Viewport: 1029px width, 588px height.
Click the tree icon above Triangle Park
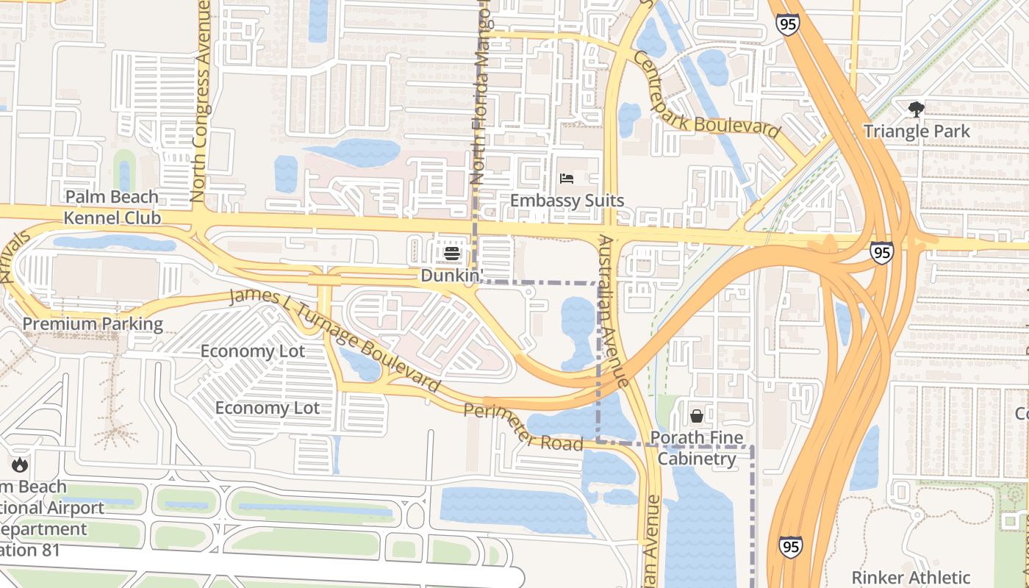click(x=916, y=110)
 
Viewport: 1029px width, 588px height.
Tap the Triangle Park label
click(x=916, y=132)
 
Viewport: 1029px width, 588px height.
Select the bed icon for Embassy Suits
click(x=566, y=179)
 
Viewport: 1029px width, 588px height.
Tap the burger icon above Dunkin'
click(x=452, y=254)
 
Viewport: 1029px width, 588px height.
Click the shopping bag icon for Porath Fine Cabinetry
click(x=696, y=417)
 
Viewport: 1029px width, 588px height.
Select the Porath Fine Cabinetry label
click(x=696, y=448)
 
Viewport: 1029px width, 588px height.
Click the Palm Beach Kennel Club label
click(x=112, y=207)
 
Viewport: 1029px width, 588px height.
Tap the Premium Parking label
click(x=93, y=324)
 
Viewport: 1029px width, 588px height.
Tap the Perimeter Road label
click(x=523, y=428)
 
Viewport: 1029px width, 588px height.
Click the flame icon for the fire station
click(x=20, y=465)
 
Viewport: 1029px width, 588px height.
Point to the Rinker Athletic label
click(x=911, y=577)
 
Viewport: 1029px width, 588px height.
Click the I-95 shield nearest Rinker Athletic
click(x=790, y=546)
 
